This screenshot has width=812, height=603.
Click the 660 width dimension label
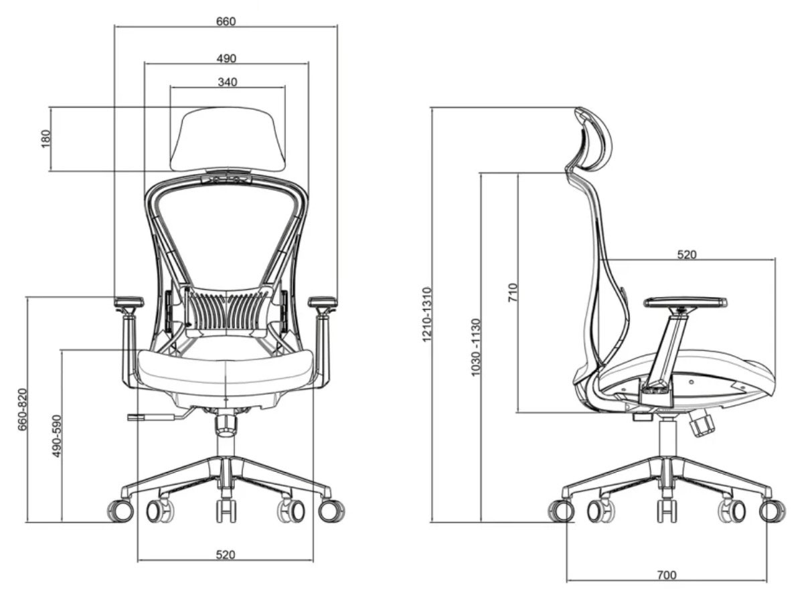(226, 21)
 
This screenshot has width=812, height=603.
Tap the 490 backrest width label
(226, 58)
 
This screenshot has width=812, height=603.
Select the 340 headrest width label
(228, 82)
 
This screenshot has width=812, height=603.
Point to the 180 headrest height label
(46, 139)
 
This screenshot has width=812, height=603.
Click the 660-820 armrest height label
(23, 410)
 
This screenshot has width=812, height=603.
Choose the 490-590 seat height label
(56, 436)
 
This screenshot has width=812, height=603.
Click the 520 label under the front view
(225, 555)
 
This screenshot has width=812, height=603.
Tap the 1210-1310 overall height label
(427, 315)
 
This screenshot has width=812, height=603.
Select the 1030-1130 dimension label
(475, 347)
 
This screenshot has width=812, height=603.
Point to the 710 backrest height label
(513, 292)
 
